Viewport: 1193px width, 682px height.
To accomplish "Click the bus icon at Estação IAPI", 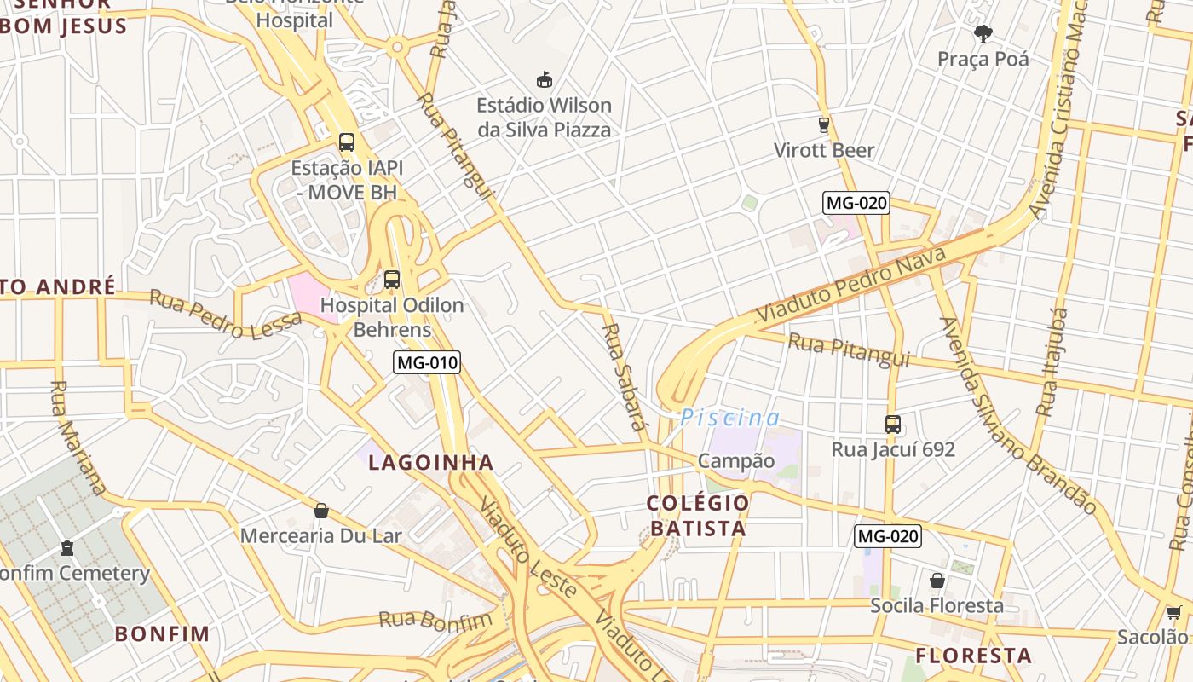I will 346,142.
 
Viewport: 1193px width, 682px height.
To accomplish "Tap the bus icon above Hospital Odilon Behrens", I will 392,279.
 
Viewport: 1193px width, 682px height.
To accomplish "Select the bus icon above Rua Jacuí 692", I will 892,424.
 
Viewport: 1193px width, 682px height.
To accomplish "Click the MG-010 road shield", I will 427,362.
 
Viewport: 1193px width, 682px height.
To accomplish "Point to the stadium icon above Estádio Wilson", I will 544,80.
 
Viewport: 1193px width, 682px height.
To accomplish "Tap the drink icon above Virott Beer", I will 823,125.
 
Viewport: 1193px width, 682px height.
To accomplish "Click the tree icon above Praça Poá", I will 983,34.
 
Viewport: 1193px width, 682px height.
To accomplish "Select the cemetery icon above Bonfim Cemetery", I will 67,548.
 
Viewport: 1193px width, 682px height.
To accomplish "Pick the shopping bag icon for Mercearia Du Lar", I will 321,511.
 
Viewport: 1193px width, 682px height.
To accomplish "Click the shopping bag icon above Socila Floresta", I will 937,581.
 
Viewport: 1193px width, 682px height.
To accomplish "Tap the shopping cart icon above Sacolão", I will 1173,612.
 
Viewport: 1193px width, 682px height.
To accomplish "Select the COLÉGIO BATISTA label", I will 697,515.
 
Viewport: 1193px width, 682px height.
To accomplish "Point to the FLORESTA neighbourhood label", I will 973,656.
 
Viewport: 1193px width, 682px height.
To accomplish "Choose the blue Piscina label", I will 729,418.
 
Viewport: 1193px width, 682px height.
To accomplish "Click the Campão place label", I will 736,461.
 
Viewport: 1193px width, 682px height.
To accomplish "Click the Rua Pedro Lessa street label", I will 226,314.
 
